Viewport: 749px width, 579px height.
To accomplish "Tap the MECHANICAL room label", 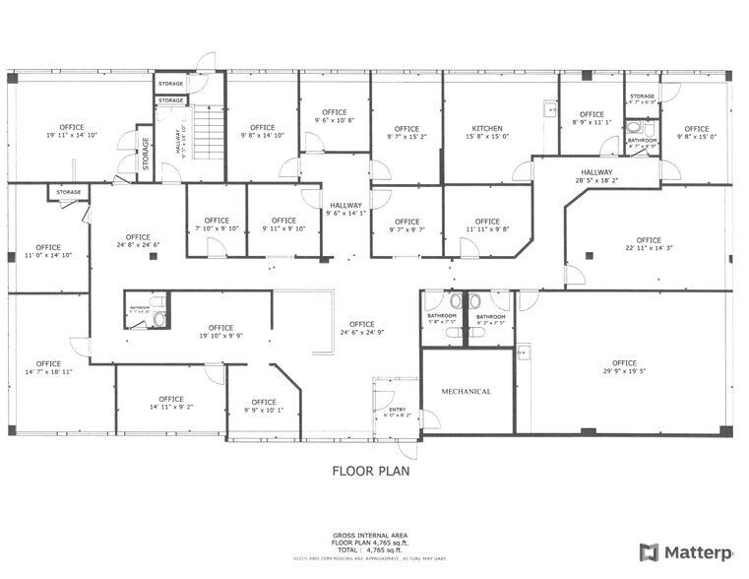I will (x=466, y=391).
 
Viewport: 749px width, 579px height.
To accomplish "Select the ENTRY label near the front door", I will (x=398, y=412).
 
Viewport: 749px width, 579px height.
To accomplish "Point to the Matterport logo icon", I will (x=649, y=552).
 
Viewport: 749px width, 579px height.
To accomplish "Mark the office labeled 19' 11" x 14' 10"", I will (x=72, y=131).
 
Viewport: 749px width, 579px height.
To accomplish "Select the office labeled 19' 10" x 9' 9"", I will (x=220, y=332).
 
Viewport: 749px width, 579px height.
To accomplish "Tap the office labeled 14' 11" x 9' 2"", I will (x=171, y=403).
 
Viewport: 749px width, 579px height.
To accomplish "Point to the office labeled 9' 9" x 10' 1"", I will (x=264, y=406).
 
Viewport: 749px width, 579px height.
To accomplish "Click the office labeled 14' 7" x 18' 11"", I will (x=48, y=368).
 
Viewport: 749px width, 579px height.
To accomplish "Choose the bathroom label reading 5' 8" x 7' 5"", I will (x=442, y=318).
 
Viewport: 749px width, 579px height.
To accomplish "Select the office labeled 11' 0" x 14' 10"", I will (x=48, y=251).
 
